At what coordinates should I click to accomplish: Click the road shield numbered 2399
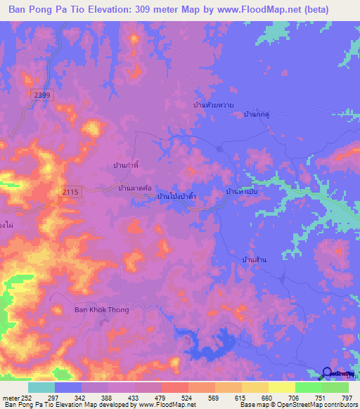point(42,94)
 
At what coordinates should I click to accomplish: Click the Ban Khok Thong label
point(101,309)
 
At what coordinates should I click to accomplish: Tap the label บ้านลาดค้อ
point(136,188)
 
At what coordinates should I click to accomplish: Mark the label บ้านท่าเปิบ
point(242,190)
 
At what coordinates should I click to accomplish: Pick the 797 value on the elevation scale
point(347,398)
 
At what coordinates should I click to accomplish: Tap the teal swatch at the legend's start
point(41,387)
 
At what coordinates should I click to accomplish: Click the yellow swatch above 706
point(281,387)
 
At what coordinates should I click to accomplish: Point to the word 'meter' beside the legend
point(10,398)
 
